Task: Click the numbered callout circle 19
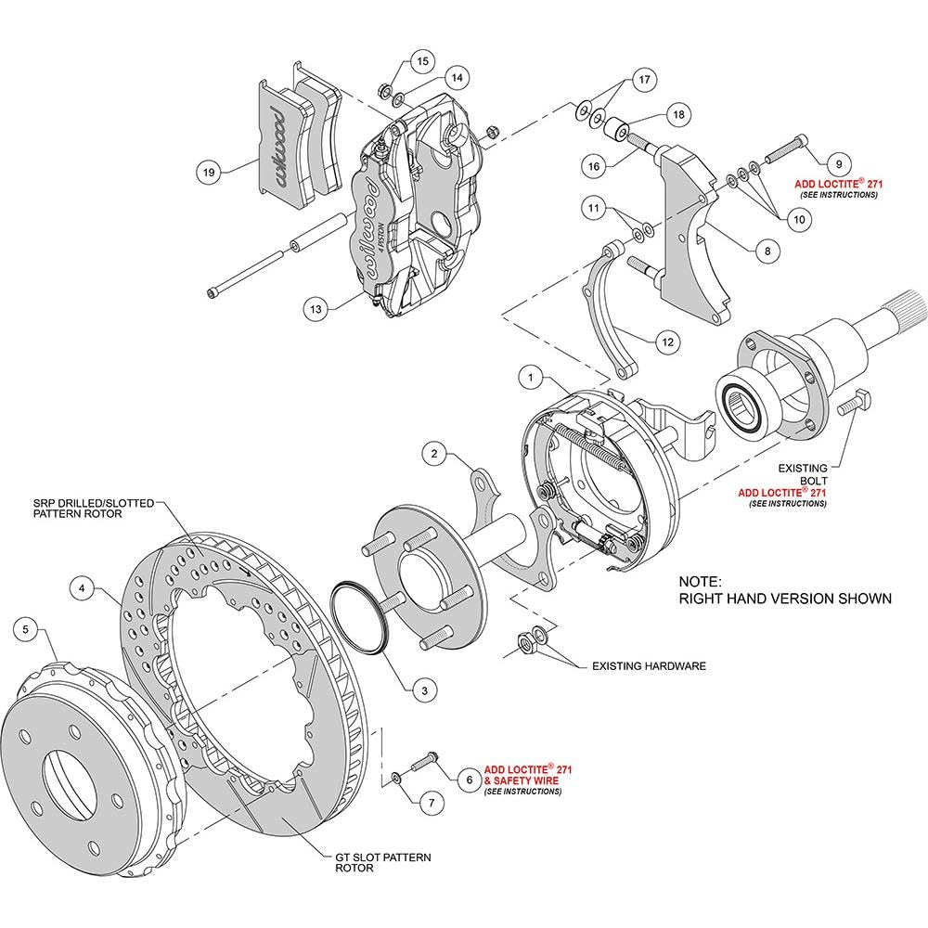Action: tap(208, 173)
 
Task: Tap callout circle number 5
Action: tap(25, 628)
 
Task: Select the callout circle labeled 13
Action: tap(316, 308)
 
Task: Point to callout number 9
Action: tap(839, 164)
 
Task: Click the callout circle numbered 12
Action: tap(667, 342)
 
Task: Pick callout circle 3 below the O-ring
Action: tap(424, 690)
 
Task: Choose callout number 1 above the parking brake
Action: tap(530, 377)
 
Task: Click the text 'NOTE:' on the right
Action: tap(700, 581)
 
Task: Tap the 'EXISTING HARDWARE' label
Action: tap(649, 665)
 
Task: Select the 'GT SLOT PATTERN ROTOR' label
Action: tap(383, 862)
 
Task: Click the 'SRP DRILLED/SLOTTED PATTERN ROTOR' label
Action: tap(94, 509)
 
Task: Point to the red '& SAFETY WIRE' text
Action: tap(522, 780)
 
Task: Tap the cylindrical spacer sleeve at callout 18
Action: tap(615, 128)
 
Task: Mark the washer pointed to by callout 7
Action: tap(396, 777)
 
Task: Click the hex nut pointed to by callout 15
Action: tap(383, 91)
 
